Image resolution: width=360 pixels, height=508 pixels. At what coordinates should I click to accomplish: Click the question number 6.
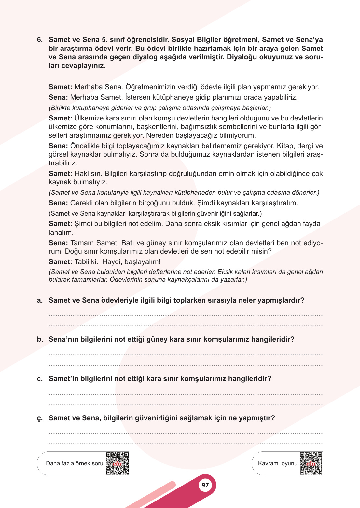click(x=40, y=40)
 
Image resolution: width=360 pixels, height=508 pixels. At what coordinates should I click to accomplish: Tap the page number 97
click(x=205, y=485)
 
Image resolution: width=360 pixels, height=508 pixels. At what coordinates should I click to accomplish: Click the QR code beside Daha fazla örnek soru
click(x=118, y=463)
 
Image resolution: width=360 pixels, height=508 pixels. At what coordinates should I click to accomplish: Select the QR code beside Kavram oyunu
click(x=311, y=463)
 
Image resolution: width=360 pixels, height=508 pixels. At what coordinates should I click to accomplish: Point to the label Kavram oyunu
click(x=278, y=463)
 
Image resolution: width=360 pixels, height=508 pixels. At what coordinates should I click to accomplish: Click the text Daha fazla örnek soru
click(x=75, y=463)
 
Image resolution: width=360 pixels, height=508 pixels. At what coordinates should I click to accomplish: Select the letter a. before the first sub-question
click(x=40, y=300)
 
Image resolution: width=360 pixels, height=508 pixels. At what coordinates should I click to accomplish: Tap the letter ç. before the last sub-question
click(x=40, y=418)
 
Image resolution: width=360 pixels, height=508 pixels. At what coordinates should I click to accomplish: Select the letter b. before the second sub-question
click(x=40, y=339)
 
